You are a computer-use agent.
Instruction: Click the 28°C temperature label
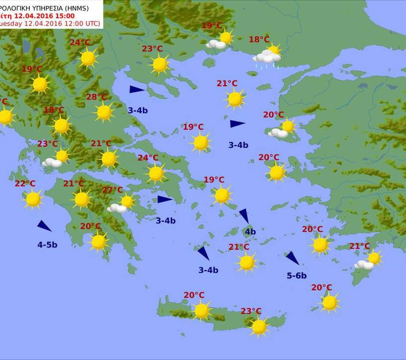coord(96,97)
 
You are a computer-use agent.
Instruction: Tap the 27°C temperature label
coord(112,190)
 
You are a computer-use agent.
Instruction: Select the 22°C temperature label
coord(25,184)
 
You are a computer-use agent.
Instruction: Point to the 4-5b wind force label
coord(47,245)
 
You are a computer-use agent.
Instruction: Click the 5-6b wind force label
coord(297,276)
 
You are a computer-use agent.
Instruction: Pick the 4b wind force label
coord(250,232)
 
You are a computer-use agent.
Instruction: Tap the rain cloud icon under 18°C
coord(267,58)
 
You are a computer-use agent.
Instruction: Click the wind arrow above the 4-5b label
coord(44,226)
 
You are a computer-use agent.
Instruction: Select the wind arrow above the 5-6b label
coord(292,258)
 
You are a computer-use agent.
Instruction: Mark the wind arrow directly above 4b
coord(244,215)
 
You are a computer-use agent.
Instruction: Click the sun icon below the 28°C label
coord(104,112)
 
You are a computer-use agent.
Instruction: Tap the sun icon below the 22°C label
coord(33,199)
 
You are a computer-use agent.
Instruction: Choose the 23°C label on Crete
coord(251,311)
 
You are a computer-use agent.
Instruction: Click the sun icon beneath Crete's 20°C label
coord(202,310)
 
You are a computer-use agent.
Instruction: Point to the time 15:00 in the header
coord(64,16)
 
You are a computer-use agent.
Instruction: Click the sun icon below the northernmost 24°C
coord(88,58)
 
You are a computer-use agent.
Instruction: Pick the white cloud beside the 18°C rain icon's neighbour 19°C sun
coord(216,44)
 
